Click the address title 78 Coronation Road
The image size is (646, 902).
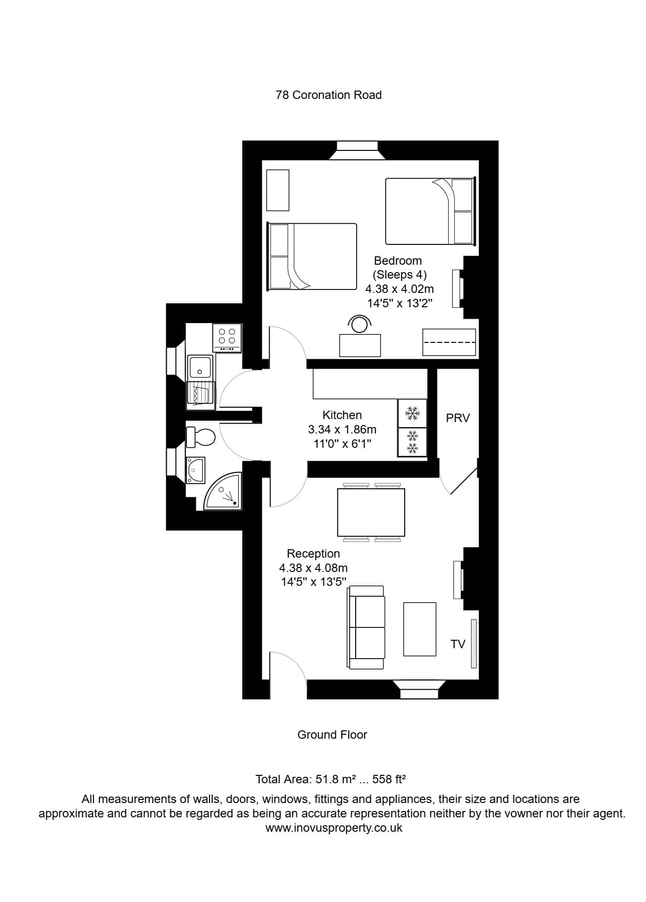tap(328, 95)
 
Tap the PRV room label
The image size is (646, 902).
tap(458, 418)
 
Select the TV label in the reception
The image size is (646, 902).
tap(458, 644)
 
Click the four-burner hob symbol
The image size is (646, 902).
tap(227, 337)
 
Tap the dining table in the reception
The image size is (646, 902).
tap(371, 513)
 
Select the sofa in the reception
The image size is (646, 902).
tap(367, 627)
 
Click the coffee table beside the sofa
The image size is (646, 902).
tap(419, 629)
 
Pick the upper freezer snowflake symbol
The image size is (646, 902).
tap(412, 413)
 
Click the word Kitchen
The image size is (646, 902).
tap(342, 415)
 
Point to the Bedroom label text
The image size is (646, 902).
tap(398, 261)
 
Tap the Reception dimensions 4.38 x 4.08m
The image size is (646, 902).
tap(313, 568)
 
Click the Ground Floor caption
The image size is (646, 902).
tap(332, 735)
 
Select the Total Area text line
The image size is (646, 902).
tap(330, 779)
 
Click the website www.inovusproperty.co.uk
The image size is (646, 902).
tap(334, 828)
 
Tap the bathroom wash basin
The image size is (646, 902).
tap(195, 470)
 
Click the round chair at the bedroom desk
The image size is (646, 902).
tap(359, 324)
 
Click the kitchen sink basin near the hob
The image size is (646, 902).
tap(200, 367)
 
